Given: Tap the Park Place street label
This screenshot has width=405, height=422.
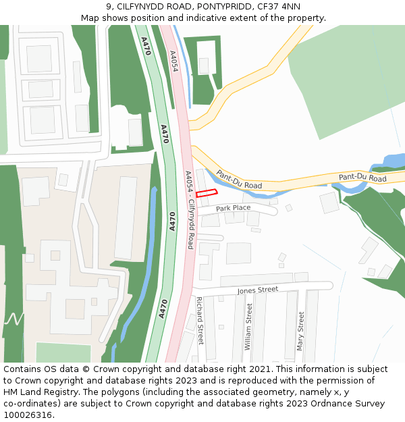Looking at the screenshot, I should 234,209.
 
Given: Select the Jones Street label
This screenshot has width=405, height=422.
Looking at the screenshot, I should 257,290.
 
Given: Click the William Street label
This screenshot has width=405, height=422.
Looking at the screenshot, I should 248,326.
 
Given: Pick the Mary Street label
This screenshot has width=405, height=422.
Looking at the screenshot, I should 300,331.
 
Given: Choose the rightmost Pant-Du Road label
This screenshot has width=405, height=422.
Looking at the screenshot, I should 362,178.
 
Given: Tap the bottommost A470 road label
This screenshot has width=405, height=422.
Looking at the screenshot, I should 163,309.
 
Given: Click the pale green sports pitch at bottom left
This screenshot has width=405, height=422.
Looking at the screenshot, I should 63,352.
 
